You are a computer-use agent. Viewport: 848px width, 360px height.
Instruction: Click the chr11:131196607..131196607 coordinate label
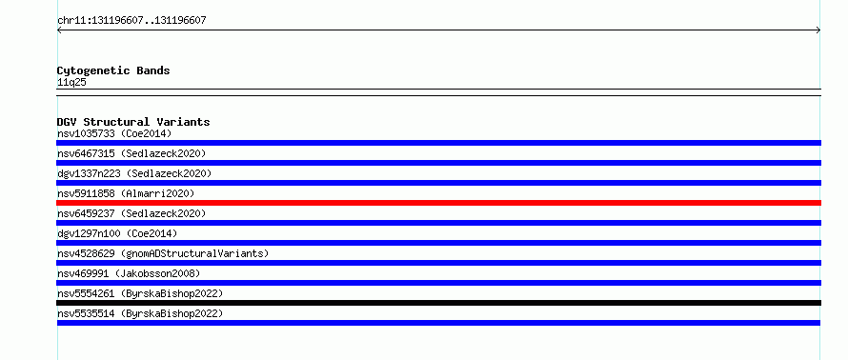pos(131,21)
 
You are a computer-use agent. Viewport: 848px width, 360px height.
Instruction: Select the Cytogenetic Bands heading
pos(113,70)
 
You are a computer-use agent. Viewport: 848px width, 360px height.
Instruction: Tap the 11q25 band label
pos(71,83)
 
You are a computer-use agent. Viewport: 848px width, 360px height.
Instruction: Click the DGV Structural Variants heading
pos(133,122)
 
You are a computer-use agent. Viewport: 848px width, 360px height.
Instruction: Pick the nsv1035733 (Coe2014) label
pos(114,133)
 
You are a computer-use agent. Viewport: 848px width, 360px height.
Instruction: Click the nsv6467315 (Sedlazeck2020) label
pos(131,153)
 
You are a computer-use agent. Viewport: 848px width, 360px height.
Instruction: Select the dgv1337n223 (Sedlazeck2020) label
pos(134,173)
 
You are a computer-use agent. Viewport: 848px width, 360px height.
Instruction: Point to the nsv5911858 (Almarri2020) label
pos(126,193)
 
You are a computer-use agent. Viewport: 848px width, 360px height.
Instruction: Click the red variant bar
pos(438,203)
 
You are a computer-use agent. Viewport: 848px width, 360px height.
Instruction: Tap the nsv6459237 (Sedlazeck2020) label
pos(131,213)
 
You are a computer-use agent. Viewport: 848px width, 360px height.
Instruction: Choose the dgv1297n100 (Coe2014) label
pos(117,233)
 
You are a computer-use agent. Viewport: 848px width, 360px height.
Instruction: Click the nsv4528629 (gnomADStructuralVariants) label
pos(163,253)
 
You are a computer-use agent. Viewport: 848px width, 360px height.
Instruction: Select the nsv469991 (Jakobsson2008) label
pos(129,273)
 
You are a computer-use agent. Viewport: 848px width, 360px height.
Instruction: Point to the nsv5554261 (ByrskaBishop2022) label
pos(140,293)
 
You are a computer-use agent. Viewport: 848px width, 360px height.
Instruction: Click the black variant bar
pos(438,303)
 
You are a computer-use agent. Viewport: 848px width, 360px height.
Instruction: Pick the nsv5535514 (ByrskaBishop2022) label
pos(140,313)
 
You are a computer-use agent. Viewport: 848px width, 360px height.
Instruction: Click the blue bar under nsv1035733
pos(438,143)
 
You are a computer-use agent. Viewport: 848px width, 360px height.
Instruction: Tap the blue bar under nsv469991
pos(438,283)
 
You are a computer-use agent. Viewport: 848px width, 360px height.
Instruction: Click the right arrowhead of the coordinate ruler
pos(819,30)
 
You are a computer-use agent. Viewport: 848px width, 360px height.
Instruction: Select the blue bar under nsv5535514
pos(438,323)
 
